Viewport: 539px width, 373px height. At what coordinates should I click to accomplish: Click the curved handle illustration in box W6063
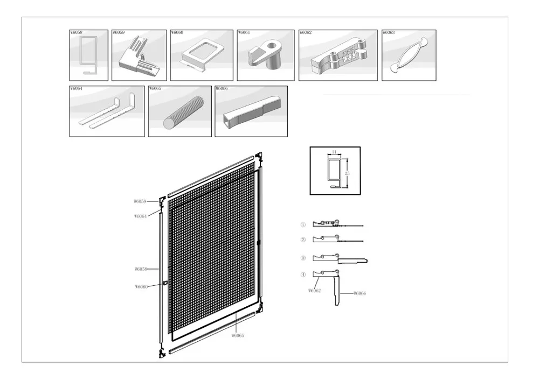point(408,57)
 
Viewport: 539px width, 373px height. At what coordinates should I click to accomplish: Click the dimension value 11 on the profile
point(334,152)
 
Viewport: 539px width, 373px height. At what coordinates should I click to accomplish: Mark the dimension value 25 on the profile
point(347,173)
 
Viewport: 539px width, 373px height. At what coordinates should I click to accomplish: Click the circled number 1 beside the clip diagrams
point(303,225)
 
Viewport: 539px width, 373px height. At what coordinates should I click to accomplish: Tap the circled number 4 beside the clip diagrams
point(303,275)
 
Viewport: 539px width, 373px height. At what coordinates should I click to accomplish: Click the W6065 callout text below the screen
point(238,335)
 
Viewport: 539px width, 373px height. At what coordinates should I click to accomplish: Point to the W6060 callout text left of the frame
point(141,287)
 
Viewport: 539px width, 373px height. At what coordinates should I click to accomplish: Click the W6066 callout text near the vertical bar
point(360,293)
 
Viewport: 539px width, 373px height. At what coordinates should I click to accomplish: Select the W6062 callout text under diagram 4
point(315,291)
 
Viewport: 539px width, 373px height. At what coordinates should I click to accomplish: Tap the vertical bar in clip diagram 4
point(337,291)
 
